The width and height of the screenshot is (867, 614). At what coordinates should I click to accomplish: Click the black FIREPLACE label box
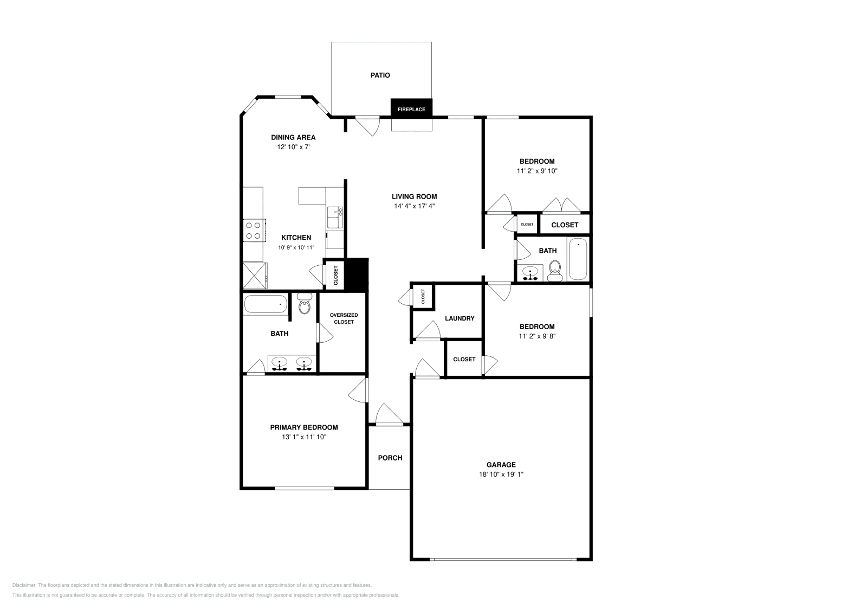click(x=411, y=108)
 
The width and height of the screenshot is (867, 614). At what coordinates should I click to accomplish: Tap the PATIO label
click(x=380, y=75)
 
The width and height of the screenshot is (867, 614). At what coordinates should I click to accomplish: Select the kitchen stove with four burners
click(x=254, y=229)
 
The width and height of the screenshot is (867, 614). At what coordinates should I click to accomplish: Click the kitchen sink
click(x=334, y=217)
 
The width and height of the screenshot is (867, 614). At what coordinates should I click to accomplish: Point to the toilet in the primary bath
click(x=305, y=305)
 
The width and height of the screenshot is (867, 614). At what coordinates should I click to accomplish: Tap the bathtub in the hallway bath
click(x=578, y=259)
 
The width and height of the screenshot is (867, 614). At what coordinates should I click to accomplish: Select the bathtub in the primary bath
click(x=266, y=304)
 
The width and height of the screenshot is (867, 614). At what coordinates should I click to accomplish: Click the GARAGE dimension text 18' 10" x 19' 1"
click(x=501, y=474)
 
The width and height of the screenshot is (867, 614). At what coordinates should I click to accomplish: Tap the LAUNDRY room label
click(x=460, y=318)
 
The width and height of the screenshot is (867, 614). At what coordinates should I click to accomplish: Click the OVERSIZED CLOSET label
click(x=344, y=318)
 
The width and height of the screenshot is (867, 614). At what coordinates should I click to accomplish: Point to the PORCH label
click(x=390, y=458)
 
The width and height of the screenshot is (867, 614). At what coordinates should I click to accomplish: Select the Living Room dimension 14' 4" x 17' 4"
click(x=415, y=206)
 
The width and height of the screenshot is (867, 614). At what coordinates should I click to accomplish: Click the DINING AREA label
click(x=293, y=137)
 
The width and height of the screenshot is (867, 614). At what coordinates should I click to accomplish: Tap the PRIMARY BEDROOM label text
click(x=304, y=427)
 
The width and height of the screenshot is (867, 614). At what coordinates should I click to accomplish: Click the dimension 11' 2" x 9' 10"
click(x=537, y=171)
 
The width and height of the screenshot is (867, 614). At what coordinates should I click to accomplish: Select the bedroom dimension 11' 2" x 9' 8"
click(x=537, y=336)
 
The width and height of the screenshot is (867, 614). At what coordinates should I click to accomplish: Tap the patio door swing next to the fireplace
click(x=368, y=126)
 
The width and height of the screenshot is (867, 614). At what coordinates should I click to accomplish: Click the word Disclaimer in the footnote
click(x=24, y=585)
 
